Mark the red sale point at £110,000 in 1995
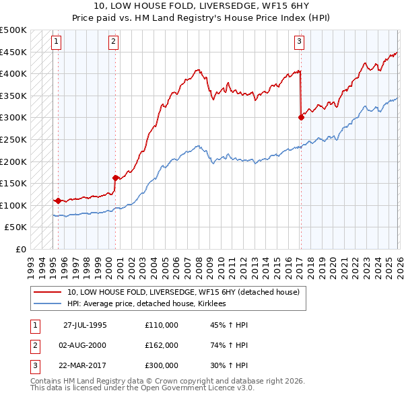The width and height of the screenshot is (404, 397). pos(59,201)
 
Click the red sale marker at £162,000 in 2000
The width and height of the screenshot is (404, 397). pos(115,178)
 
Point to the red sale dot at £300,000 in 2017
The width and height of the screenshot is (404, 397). pos(301,117)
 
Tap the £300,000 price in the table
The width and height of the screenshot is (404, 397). pos(162,366)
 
